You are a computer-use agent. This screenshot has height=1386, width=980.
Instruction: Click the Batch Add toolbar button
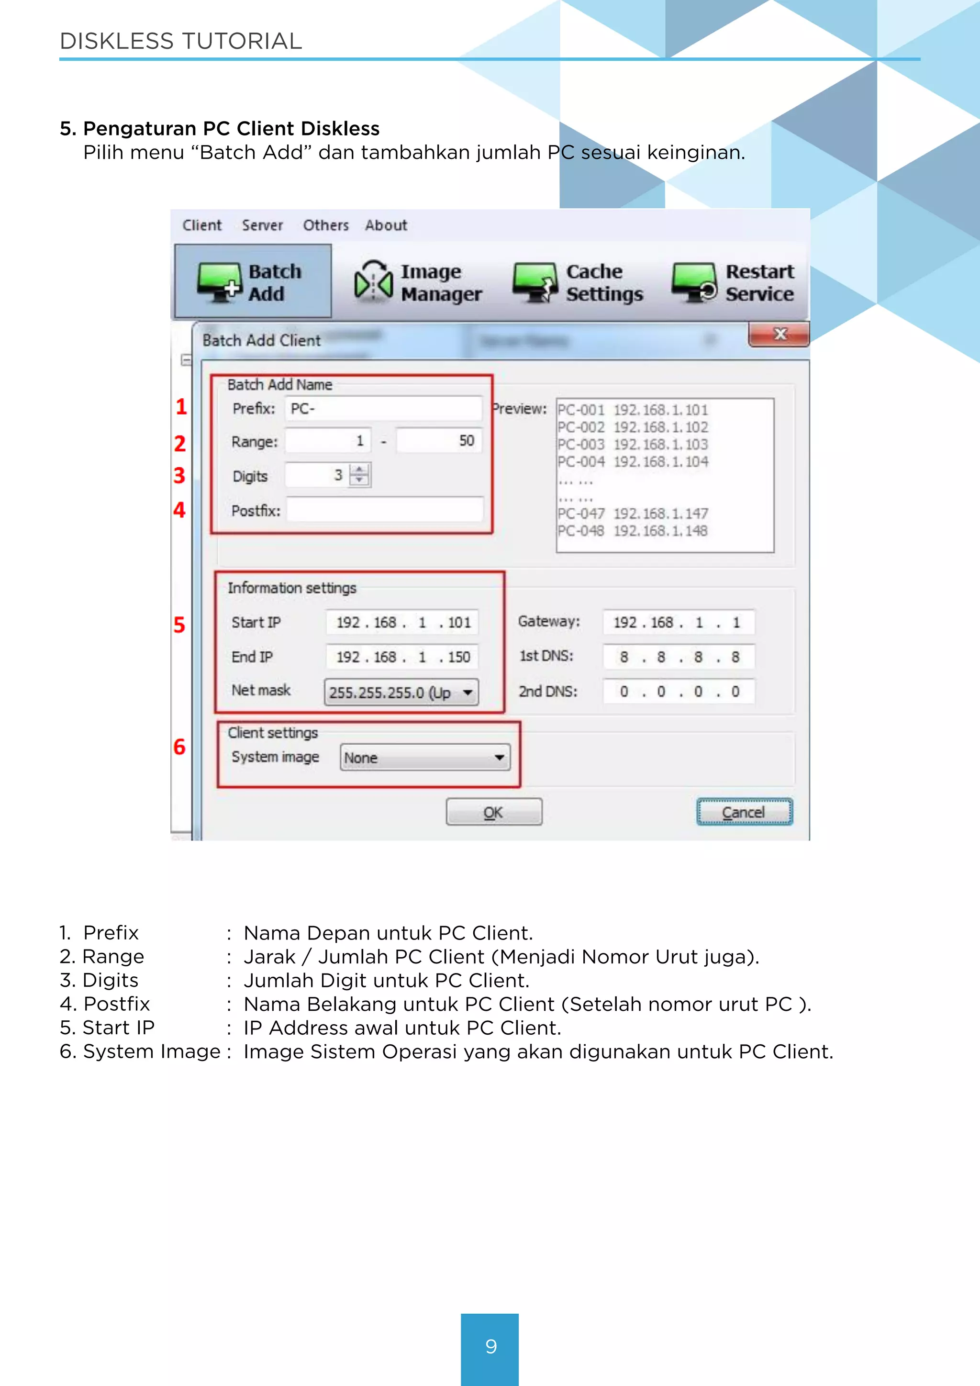pyautogui.click(x=252, y=282)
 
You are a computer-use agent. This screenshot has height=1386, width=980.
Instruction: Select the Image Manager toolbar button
pyautogui.click(x=418, y=282)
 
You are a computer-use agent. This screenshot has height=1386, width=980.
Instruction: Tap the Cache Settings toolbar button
pyautogui.click(x=578, y=282)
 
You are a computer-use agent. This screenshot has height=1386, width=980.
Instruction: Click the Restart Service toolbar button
pyautogui.click(x=733, y=282)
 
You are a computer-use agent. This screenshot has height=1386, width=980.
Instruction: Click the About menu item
pyautogui.click(x=386, y=225)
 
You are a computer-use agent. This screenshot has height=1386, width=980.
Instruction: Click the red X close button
pyautogui.click(x=779, y=335)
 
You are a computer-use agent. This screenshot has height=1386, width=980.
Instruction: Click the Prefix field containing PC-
pyautogui.click(x=383, y=409)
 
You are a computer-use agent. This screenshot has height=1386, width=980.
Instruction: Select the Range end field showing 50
pyautogui.click(x=439, y=441)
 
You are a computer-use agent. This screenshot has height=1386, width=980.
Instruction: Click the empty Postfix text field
pyautogui.click(x=384, y=510)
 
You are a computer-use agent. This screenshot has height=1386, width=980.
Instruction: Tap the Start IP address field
pyautogui.click(x=402, y=622)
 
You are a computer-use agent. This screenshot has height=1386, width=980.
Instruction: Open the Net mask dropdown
pyautogui.click(x=402, y=693)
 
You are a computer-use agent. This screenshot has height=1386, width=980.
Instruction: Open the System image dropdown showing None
pyautogui.click(x=425, y=758)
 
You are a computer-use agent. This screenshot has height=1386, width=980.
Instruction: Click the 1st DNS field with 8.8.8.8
pyautogui.click(x=678, y=657)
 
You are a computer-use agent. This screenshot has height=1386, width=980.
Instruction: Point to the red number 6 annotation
pyautogui.click(x=179, y=747)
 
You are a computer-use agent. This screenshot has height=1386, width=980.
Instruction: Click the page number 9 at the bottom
pyautogui.click(x=490, y=1346)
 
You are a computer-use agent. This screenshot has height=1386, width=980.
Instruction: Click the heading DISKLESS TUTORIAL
pyautogui.click(x=181, y=41)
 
